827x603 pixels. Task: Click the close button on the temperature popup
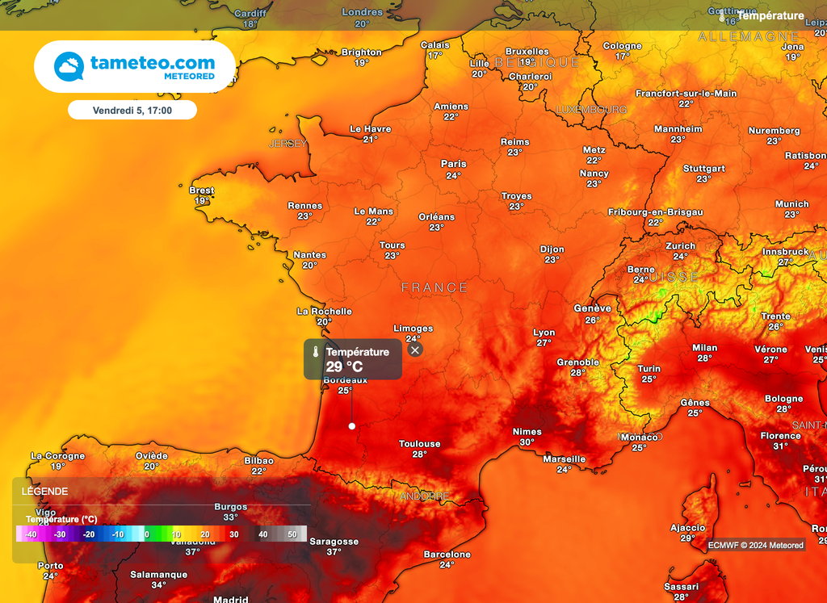[x=415, y=350]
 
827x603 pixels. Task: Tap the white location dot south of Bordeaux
[x=351, y=425]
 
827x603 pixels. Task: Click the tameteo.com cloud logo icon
[x=69, y=66]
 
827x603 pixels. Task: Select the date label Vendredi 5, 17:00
[x=132, y=110]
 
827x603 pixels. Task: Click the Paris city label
[x=453, y=164]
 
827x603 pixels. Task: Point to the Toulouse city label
[x=419, y=444]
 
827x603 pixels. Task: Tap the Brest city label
[x=202, y=191]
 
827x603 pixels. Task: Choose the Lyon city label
[x=544, y=333]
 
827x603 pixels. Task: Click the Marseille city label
[x=564, y=459]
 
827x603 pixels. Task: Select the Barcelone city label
[x=447, y=555]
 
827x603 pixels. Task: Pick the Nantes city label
[x=309, y=255]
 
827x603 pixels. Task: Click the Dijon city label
[x=552, y=249]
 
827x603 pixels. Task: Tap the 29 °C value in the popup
[x=345, y=366]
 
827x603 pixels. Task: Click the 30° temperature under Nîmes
[x=527, y=442]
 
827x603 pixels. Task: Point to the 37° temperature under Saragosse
[x=334, y=552]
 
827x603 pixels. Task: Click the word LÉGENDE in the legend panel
[x=44, y=491]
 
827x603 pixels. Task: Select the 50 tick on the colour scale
[x=292, y=534]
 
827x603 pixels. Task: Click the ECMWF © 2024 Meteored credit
[x=756, y=545]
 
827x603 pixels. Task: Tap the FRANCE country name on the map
[x=434, y=287]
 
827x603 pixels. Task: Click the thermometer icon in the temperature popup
[x=315, y=352]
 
